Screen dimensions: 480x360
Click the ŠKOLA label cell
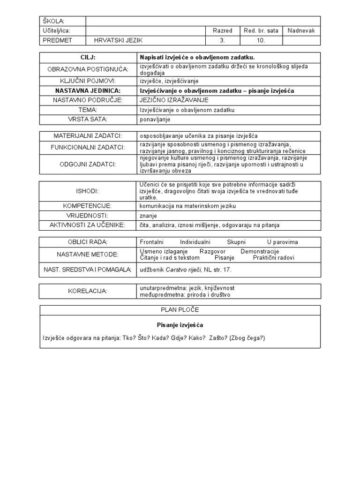click(53, 21)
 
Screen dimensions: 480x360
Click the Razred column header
click(222, 30)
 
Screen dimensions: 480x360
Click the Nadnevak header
click(301, 30)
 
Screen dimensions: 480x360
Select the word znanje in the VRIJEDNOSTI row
click(148, 216)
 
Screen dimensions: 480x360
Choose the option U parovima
click(282, 242)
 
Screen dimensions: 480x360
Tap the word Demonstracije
click(260, 251)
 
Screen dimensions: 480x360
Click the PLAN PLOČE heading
click(180, 310)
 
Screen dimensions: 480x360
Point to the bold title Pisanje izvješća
click(180, 325)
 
